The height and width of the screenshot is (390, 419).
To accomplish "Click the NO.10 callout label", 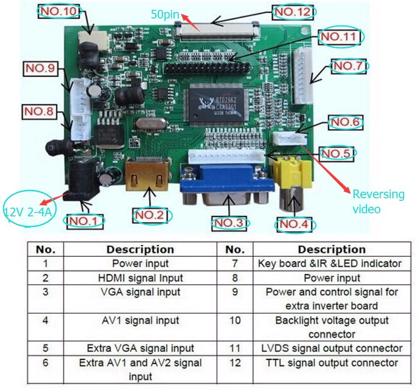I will click(59, 11).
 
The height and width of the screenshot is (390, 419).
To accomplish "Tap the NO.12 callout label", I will click(293, 12).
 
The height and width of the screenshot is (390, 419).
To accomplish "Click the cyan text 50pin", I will click(165, 14).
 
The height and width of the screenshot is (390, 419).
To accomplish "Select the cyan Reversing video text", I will click(378, 201).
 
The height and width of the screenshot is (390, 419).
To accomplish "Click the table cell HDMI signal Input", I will click(140, 278).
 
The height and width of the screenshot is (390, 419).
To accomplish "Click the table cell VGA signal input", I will click(140, 292).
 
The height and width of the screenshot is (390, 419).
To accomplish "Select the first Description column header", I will click(140, 250).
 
